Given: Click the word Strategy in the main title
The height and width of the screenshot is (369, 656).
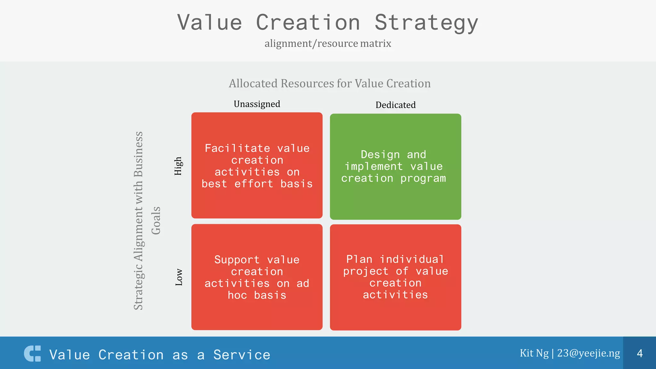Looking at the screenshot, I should tap(426, 23).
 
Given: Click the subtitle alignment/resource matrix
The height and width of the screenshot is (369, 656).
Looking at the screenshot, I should tap(328, 43).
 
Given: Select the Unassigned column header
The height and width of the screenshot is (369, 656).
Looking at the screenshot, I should tap(257, 104).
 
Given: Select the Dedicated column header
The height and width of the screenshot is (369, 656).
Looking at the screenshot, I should tap(396, 105).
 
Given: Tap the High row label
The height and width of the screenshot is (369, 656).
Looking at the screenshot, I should tap(178, 166).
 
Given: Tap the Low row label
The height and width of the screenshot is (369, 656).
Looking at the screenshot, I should tap(179, 277).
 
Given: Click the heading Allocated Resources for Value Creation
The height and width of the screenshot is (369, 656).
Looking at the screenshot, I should tap(330, 84).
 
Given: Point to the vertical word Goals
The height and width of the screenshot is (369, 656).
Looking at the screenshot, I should tap(156, 220).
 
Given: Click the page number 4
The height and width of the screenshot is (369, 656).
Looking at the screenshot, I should tap(640, 353).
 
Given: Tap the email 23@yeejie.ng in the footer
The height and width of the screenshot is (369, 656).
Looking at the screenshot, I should tap(588, 353).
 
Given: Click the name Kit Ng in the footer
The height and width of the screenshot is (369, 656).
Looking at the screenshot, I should tap(534, 353).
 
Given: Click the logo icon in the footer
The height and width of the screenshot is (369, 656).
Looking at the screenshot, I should tap(33, 354).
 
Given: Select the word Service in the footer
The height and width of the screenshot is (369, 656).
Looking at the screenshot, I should tap(242, 355).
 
